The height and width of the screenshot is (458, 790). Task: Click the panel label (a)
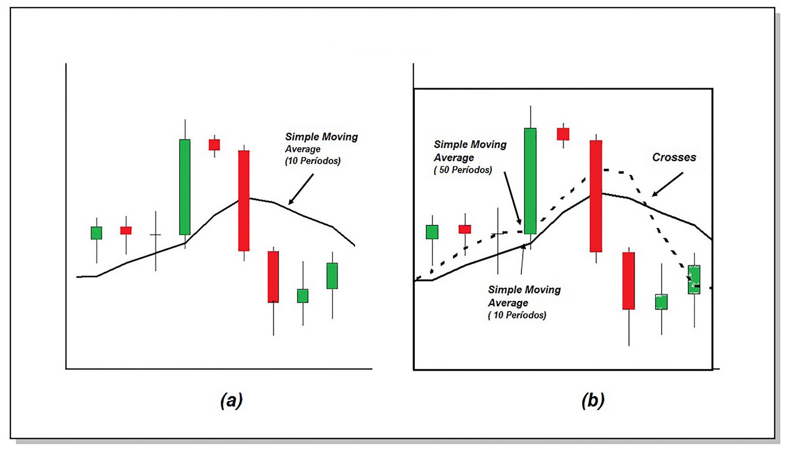point(231,401)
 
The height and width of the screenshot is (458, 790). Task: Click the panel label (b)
point(593,401)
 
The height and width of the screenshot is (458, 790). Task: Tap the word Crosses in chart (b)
point(674,157)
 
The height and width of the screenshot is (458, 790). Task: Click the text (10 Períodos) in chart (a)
point(313,161)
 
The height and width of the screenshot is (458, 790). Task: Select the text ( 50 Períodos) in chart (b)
point(463,170)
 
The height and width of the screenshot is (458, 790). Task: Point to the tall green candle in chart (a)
point(185,187)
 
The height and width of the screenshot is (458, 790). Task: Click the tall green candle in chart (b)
point(530,181)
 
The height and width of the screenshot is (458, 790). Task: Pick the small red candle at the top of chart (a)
point(214,145)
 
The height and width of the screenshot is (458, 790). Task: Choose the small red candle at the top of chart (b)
point(563,134)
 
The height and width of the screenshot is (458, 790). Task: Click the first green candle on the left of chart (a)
point(97,233)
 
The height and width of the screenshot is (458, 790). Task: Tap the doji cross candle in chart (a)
point(156,235)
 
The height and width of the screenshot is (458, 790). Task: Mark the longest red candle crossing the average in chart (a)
point(244,201)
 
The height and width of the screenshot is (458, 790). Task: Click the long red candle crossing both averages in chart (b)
point(596,196)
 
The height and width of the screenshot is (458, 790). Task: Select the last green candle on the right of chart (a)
point(332,276)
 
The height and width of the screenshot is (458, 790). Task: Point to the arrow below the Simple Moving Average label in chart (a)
point(301,189)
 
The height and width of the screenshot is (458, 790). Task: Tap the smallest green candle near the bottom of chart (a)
point(302,296)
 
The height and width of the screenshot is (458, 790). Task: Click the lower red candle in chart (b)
point(629,281)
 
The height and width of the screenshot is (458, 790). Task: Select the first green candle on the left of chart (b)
point(432,232)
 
